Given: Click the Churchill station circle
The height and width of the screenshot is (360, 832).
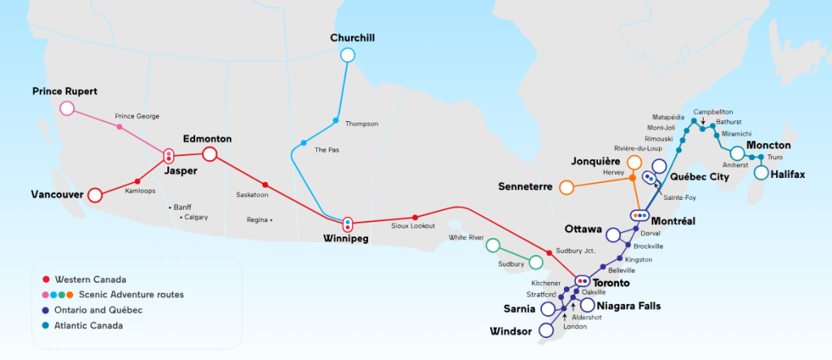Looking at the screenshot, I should click(348, 55).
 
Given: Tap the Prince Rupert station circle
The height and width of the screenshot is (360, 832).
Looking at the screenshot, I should click(67, 108).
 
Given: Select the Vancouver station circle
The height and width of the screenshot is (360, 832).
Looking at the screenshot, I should click(94, 194).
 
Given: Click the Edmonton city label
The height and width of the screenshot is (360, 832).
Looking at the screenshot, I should click(207, 139).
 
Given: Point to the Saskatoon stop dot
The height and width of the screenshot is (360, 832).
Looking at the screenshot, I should click(266, 185).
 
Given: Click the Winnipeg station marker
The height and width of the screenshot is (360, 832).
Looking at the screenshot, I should click(348, 223).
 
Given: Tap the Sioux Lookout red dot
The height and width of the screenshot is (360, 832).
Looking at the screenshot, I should click(415, 217).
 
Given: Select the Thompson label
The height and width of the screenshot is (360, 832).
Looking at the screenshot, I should click(362, 124).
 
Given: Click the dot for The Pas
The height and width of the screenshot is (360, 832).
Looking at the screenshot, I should click(303, 143).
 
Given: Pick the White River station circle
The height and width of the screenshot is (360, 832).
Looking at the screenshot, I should click(492, 245).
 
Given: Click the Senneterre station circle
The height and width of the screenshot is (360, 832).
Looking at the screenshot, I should click(566, 188).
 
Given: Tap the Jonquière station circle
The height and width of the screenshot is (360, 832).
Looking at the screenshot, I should click(634, 163).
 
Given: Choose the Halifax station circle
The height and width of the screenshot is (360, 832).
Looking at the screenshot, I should click(761, 172).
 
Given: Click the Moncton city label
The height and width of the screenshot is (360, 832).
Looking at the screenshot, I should click(769, 145).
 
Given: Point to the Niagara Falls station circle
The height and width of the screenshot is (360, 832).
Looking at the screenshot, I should click(587, 305).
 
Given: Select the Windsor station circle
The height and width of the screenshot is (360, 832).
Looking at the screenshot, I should click(548, 332).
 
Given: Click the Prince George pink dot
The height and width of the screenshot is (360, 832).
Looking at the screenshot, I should click(119, 127).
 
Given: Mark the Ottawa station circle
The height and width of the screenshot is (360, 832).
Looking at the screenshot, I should click(613, 235).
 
